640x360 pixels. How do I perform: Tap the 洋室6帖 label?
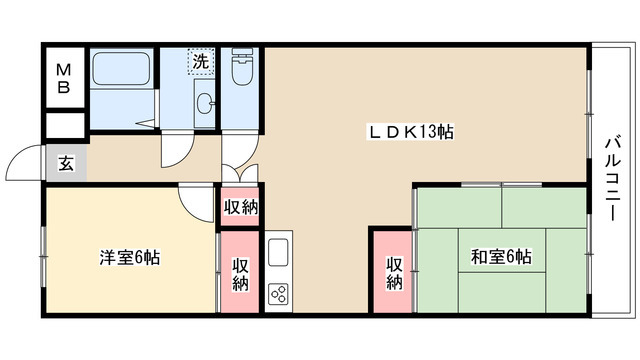click(129, 257)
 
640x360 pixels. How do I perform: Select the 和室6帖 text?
click(501, 257)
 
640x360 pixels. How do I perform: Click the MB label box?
click(63, 78)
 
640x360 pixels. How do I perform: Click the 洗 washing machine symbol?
click(201, 62)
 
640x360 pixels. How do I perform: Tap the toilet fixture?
click(241, 71)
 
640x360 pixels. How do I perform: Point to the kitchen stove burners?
click(278, 293)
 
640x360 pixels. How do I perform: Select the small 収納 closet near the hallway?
click(241, 207)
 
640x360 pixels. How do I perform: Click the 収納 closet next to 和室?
click(394, 272)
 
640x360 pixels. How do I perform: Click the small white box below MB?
click(63, 127)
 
